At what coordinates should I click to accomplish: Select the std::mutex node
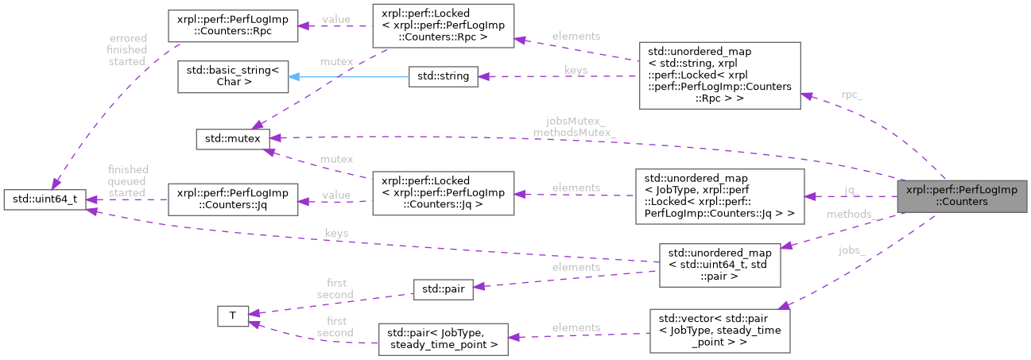[x=233, y=139]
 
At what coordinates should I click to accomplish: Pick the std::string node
[x=443, y=77]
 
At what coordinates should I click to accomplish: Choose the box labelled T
[x=233, y=315]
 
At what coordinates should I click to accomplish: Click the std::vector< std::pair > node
[x=719, y=331]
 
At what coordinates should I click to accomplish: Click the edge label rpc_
[x=851, y=95]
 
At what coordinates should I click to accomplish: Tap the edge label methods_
[x=851, y=215]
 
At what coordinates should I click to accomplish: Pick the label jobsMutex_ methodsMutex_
[x=575, y=127]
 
